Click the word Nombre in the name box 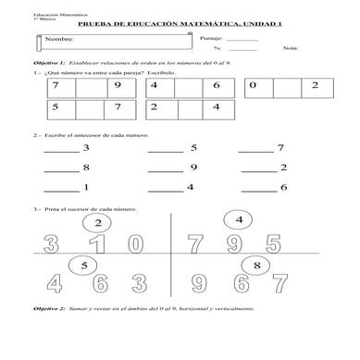coord(56,41)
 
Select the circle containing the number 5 coord(84,266)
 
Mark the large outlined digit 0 coord(135,244)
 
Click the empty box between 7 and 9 coord(91,89)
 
